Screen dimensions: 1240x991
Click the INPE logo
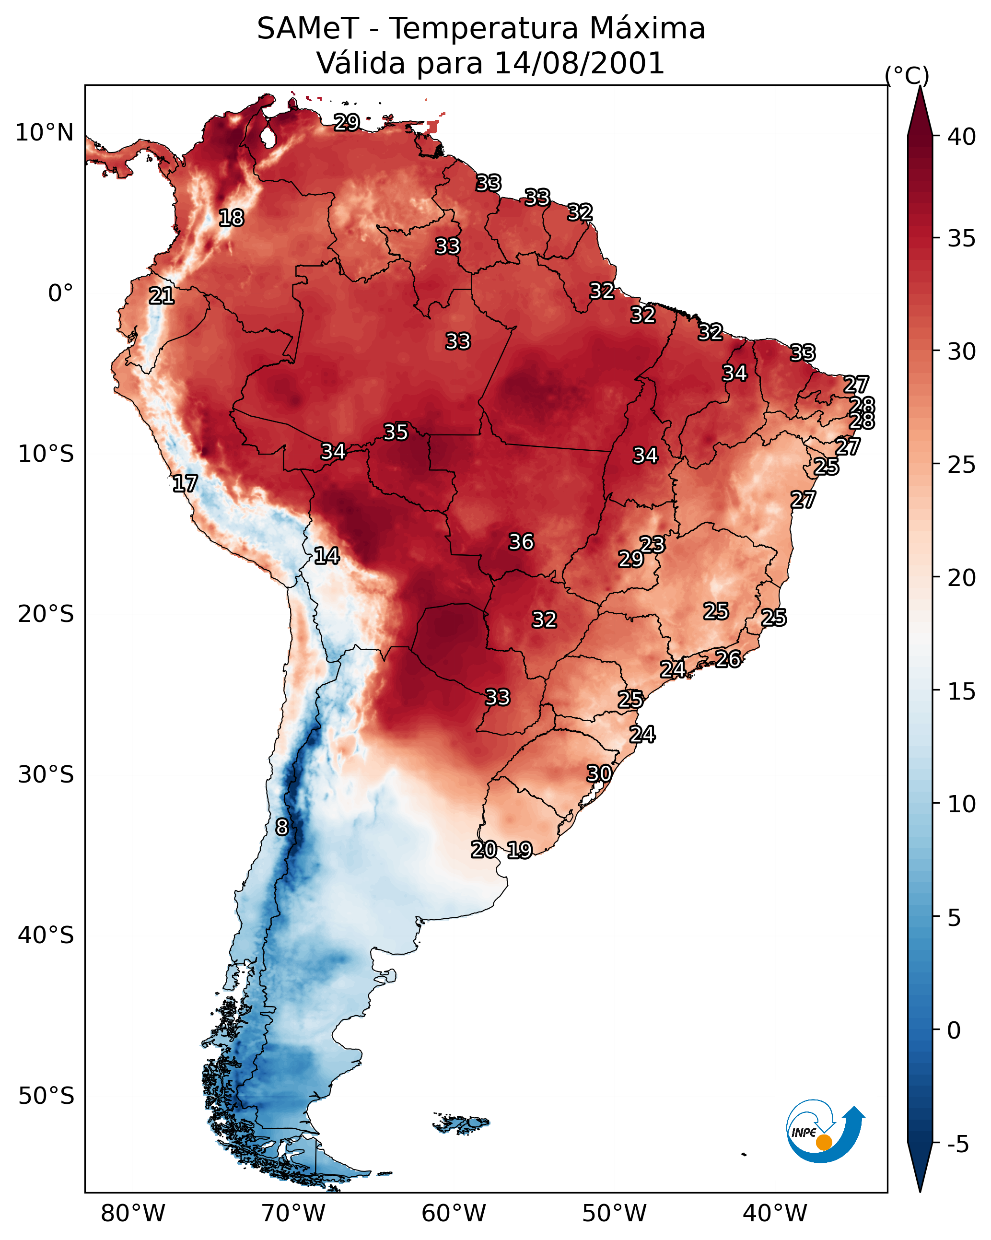click(825, 1133)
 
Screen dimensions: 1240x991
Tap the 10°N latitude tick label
click(44, 133)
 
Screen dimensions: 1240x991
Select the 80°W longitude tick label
click(133, 1213)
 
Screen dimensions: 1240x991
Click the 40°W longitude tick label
click(775, 1213)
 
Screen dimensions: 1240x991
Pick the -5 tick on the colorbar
click(957, 1145)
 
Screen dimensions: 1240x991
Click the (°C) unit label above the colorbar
click(907, 75)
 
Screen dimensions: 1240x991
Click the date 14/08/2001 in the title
click(579, 63)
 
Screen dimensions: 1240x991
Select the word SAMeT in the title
click(308, 29)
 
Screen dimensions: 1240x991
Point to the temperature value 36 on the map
click(521, 542)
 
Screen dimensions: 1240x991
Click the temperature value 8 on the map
click(281, 827)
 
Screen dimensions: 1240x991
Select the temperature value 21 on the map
click(162, 296)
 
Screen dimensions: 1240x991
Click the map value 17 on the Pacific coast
click(185, 484)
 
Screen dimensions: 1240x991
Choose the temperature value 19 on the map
click(519, 850)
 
